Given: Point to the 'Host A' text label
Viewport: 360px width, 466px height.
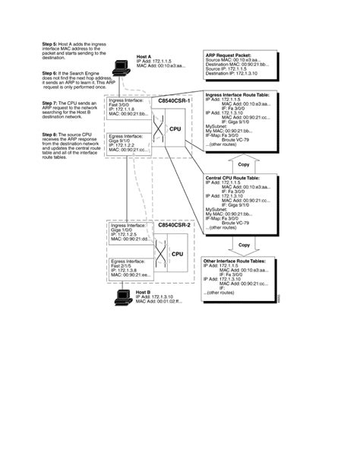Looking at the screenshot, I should coord(144,57).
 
